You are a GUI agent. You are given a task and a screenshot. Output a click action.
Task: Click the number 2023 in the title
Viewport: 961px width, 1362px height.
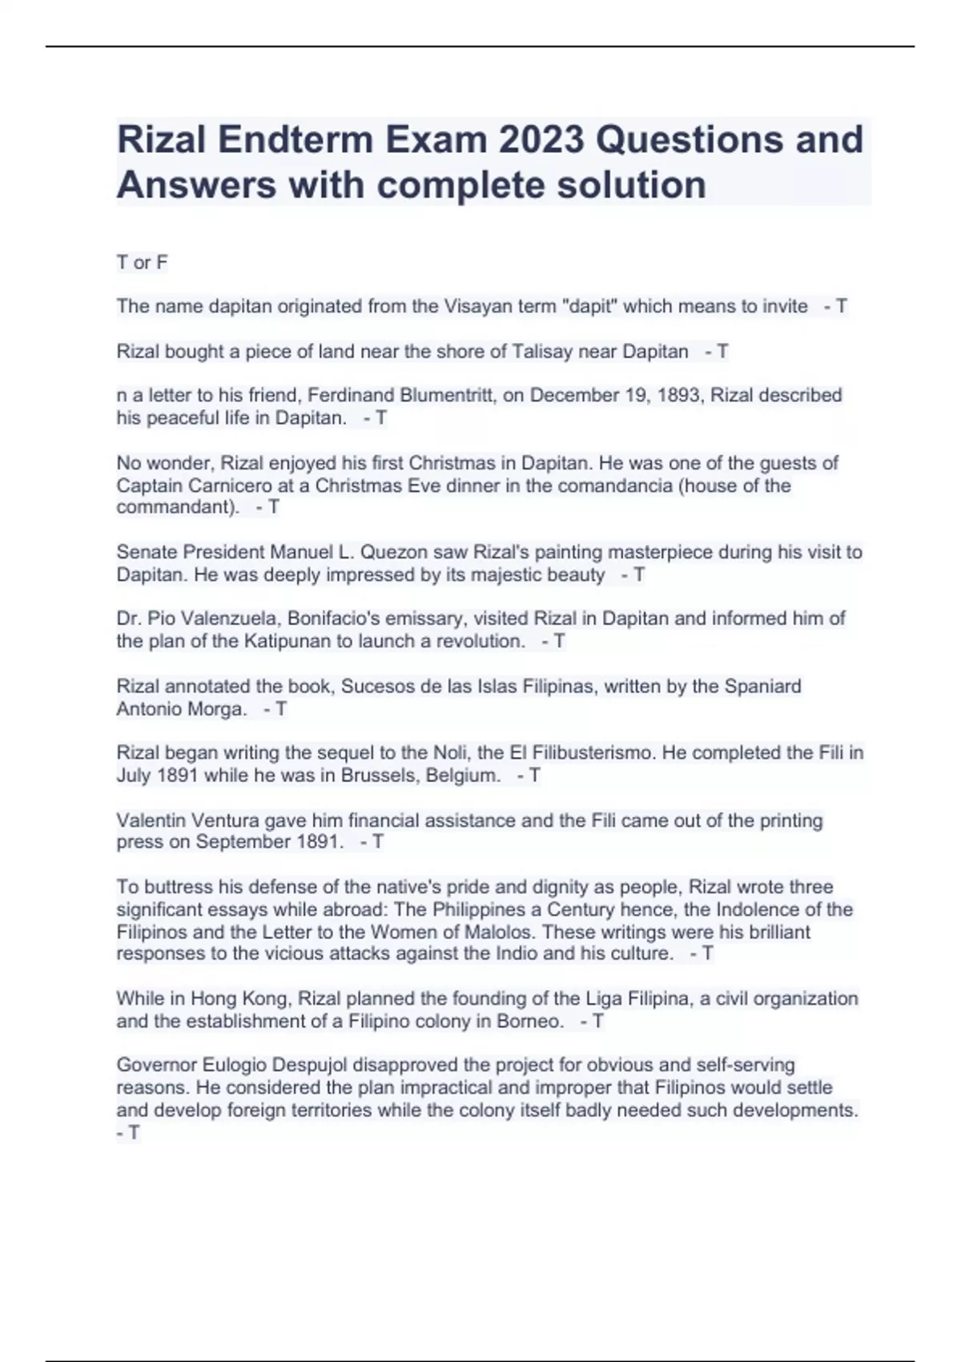541,139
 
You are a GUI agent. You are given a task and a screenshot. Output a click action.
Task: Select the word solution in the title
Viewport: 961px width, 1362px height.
632,184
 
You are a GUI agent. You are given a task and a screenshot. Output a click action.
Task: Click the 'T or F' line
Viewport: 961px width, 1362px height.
142,263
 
